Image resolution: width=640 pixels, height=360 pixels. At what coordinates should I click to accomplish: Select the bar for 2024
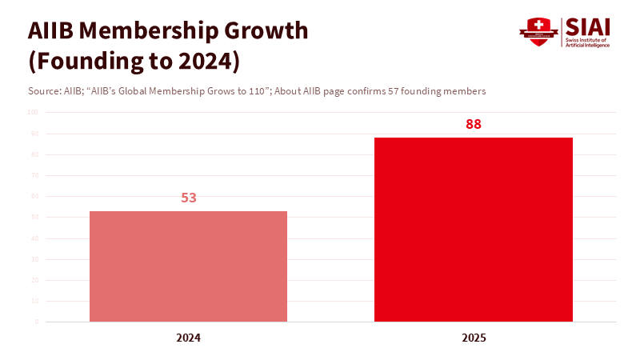(188, 266)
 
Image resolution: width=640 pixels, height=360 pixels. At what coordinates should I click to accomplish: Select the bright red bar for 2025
(474, 230)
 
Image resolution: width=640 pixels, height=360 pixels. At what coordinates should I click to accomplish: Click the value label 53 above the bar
(189, 198)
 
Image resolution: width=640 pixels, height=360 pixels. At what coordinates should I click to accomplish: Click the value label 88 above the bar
(474, 125)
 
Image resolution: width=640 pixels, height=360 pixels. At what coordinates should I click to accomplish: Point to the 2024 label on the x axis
(189, 338)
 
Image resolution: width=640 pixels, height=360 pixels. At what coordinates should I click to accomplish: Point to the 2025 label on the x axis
(474, 338)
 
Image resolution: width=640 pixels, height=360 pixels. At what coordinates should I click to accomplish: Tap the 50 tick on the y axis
(34, 217)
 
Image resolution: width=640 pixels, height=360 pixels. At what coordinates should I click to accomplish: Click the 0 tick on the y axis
(36, 322)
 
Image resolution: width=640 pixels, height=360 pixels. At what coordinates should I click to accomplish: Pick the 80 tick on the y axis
(34, 154)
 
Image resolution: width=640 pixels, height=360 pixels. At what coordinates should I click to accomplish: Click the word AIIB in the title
(54, 30)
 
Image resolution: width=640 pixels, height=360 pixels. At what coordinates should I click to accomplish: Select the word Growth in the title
(266, 30)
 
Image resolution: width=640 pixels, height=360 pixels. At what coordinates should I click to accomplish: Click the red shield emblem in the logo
(538, 32)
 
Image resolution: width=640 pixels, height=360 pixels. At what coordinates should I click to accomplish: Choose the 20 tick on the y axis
(34, 280)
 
